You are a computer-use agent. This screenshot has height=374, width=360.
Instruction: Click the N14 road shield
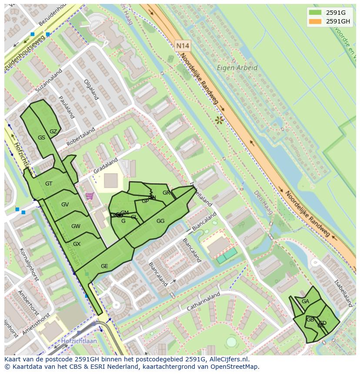(183, 45)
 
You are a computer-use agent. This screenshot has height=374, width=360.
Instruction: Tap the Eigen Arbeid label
(237, 68)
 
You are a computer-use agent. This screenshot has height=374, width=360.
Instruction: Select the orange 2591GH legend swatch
(315, 21)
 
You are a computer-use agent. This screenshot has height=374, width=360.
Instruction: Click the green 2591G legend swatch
(315, 12)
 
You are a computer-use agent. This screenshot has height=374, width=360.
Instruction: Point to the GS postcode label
(41, 138)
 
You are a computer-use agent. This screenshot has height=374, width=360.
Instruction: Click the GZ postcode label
(53, 132)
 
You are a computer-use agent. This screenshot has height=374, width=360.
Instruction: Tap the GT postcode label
(49, 184)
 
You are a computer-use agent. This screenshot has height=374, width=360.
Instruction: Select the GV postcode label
(65, 205)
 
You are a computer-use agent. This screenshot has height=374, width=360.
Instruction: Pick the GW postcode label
(76, 226)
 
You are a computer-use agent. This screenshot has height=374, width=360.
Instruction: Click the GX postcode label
(77, 244)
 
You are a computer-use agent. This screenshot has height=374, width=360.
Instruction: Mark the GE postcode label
(104, 266)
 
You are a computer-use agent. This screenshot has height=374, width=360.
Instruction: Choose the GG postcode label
(160, 221)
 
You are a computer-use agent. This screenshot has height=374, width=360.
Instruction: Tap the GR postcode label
(166, 193)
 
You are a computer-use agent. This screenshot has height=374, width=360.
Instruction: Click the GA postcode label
(305, 301)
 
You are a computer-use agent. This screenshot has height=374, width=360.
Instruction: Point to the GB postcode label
(310, 320)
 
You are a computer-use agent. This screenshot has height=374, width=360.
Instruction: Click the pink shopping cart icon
(90, 196)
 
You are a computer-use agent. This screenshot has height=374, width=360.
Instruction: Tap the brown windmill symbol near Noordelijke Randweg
(219, 119)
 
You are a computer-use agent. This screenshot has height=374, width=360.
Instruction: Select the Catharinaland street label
(203, 301)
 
